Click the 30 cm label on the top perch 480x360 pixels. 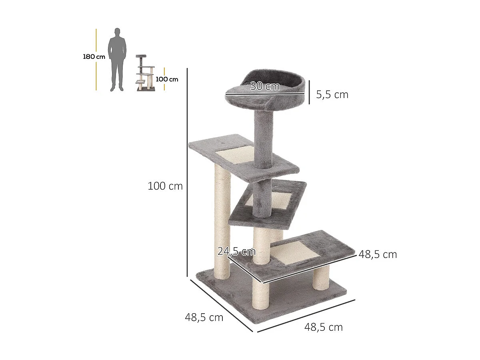click(x=264, y=86)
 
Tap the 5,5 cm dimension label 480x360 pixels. click(x=332, y=95)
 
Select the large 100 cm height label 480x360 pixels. click(x=165, y=186)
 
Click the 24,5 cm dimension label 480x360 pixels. click(x=236, y=252)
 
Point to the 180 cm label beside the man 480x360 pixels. click(x=94, y=57)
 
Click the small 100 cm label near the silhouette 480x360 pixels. click(x=167, y=79)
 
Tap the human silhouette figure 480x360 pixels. click(x=117, y=60)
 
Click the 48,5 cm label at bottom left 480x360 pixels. click(x=204, y=318)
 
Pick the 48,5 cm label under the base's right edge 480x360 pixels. click(x=323, y=327)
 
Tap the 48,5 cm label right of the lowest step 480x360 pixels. click(x=378, y=254)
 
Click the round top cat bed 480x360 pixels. click(x=266, y=90)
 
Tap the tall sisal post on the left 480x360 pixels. click(x=222, y=224)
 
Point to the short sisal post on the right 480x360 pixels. click(x=321, y=277)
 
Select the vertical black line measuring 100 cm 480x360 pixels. click(x=187, y=172)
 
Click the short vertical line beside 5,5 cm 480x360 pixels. click(x=309, y=92)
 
